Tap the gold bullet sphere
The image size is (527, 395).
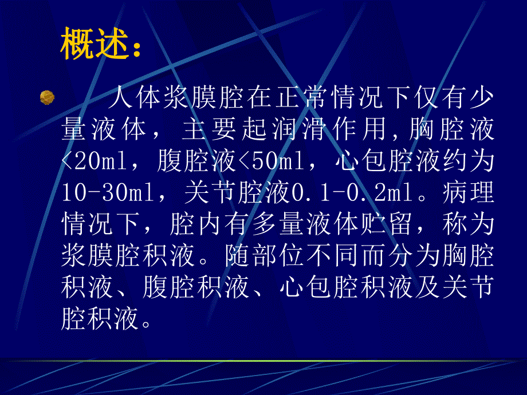46,98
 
